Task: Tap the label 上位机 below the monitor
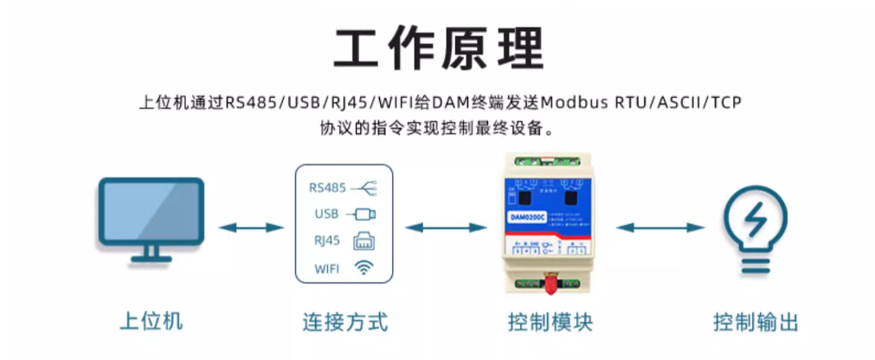pyautogui.click(x=151, y=322)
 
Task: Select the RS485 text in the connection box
pyautogui.click(x=327, y=187)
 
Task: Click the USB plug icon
pyautogui.click(x=362, y=213)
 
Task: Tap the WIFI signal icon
pyautogui.click(x=363, y=268)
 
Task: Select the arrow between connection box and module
pyautogui.click(x=446, y=228)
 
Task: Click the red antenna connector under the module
pyautogui.click(x=547, y=283)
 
